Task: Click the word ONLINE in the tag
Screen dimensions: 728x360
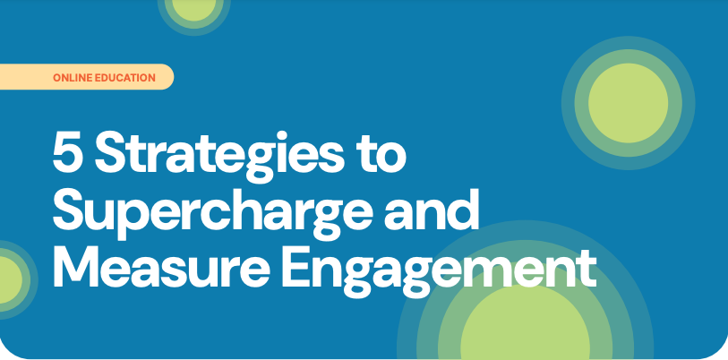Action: tap(73, 78)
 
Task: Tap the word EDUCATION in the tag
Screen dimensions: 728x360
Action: tap(124, 78)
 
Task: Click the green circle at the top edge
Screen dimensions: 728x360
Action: tap(193, 8)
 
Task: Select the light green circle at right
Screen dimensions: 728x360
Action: tap(628, 103)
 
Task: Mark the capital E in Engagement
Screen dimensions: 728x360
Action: tap(297, 267)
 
